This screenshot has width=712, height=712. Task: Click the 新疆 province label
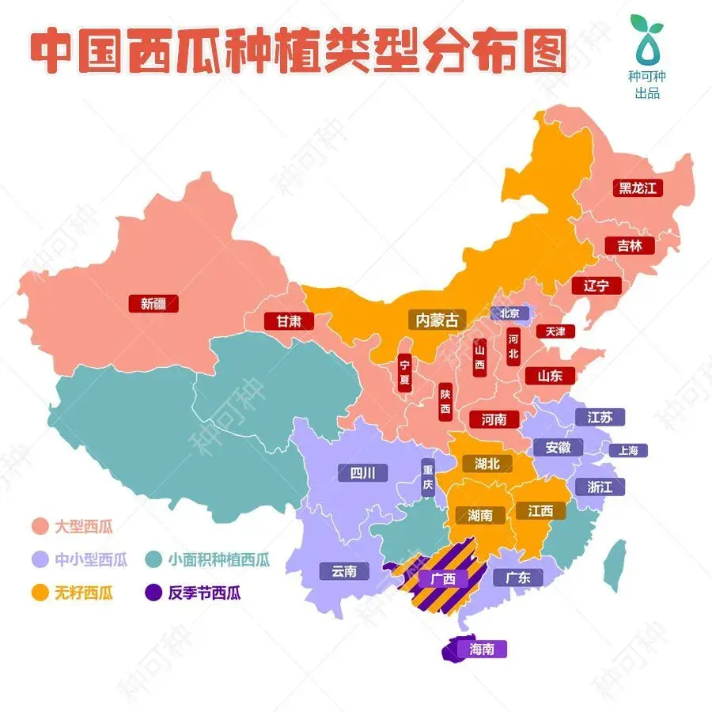tap(153, 303)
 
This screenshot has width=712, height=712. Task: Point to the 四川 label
tap(362, 473)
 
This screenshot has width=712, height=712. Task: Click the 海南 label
tap(482, 650)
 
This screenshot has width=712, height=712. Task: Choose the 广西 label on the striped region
tap(443, 578)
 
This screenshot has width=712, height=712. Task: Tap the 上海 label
tap(628, 450)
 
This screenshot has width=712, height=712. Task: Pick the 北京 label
tap(509, 313)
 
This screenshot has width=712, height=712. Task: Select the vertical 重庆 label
tap(428, 479)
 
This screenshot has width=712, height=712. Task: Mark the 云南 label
tap(344, 570)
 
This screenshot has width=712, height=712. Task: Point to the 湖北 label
tap(482, 464)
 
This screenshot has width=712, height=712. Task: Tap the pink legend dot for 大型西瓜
tap(40, 525)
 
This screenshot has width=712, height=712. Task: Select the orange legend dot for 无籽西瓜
tap(40, 593)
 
